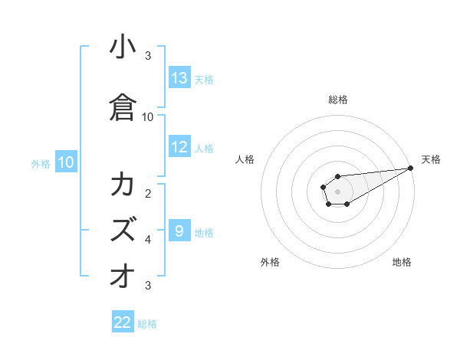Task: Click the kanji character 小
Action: point(123,47)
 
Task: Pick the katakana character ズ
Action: point(123,228)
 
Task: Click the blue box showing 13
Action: point(179,77)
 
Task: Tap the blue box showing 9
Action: point(179,231)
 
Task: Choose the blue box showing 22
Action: point(123,322)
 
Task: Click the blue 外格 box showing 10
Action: point(65,162)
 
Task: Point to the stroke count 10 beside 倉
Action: point(148,116)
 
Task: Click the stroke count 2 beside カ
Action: point(148,193)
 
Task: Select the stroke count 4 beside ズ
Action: point(148,239)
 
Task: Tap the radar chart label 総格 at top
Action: point(338,100)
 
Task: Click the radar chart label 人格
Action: point(245,159)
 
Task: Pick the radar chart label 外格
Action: point(270,262)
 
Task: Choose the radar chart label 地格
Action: point(402,262)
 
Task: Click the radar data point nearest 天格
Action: point(411,169)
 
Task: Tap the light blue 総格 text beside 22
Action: point(147,324)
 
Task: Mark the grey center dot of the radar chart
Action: point(337,191)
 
